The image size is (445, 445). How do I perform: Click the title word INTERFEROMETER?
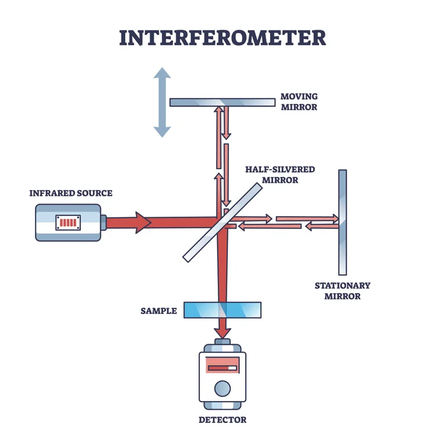click(223, 37)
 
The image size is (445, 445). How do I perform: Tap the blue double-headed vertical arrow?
click(162, 102)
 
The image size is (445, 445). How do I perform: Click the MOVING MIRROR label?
click(300, 101)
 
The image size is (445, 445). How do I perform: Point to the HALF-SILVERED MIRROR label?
click(280, 174)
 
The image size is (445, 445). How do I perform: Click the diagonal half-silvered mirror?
click(223, 222)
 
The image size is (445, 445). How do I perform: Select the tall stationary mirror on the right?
click(342, 220)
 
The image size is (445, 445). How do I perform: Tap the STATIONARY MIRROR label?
click(342, 291)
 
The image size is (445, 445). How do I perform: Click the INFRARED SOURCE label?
click(71, 193)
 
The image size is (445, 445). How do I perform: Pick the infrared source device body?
click(67, 223)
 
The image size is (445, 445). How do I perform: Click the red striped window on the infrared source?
click(67, 223)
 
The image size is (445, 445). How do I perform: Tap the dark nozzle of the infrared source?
click(103, 223)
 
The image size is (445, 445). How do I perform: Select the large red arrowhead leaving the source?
click(142, 223)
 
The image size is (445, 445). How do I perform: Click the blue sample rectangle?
click(223, 310)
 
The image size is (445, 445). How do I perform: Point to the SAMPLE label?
click(158, 310)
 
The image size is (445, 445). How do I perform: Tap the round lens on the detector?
click(222, 389)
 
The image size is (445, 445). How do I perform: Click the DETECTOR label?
click(223, 420)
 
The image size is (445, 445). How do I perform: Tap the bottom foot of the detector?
click(222, 406)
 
